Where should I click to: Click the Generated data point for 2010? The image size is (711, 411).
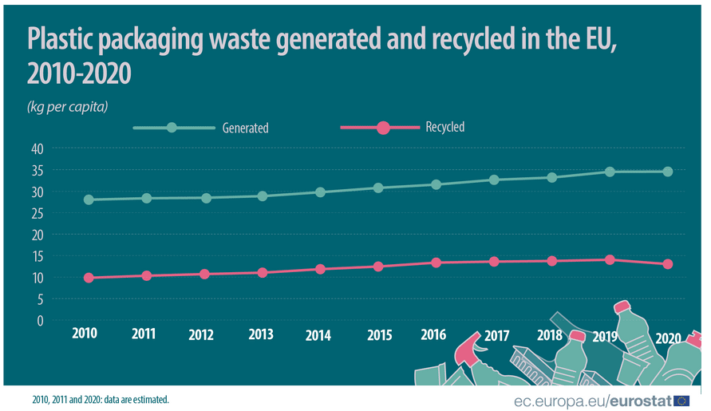point(89,200)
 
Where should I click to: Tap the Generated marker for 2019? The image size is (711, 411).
point(610,172)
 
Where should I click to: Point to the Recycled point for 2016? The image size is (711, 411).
point(436,263)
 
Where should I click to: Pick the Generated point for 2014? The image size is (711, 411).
point(320,192)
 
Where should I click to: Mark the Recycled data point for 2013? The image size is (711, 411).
point(263,273)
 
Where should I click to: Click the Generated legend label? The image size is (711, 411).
point(245,128)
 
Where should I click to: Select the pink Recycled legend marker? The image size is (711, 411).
point(382,128)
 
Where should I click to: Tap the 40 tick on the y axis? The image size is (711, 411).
point(37,148)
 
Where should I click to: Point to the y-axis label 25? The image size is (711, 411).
point(37,213)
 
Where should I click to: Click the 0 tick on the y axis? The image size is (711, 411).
point(40,321)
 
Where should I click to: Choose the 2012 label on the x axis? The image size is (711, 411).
point(201,335)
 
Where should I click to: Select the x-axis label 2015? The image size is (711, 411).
point(379,335)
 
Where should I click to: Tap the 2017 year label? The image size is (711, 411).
point(496,335)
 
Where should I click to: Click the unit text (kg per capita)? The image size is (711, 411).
point(68,105)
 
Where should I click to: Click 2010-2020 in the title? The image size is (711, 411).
point(79,74)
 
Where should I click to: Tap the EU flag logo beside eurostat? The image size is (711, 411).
point(682,400)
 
